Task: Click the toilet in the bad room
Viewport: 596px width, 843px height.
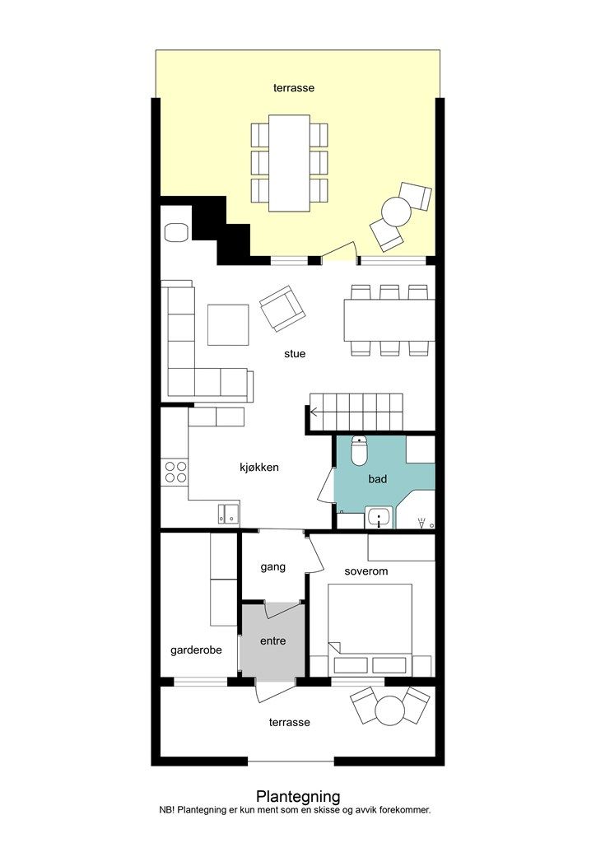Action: click(x=358, y=450)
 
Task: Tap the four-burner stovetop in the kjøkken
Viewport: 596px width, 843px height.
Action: click(x=175, y=472)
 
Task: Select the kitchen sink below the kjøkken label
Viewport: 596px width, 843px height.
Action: click(x=229, y=514)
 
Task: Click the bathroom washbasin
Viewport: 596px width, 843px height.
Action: click(x=379, y=519)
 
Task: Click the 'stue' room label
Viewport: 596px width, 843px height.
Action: click(x=295, y=354)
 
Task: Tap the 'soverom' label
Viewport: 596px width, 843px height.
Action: click(x=366, y=571)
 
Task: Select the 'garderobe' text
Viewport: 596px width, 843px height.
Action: click(x=196, y=650)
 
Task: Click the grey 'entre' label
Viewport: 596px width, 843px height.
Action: click(x=273, y=640)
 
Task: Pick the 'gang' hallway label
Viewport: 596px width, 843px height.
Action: click(x=273, y=567)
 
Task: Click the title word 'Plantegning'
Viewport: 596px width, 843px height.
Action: click(x=298, y=796)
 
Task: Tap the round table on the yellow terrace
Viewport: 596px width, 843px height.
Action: click(x=396, y=212)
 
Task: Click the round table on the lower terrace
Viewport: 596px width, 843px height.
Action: click(x=389, y=710)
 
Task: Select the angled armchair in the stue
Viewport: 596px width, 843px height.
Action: click(x=282, y=309)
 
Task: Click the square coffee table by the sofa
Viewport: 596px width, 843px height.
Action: click(x=228, y=324)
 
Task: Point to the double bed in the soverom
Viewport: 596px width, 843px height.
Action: click(x=370, y=630)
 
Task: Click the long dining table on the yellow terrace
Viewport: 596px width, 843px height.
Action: click(x=289, y=163)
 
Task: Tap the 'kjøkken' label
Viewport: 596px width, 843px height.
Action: click(x=259, y=468)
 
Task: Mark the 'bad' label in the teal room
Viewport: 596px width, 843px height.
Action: click(x=377, y=478)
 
